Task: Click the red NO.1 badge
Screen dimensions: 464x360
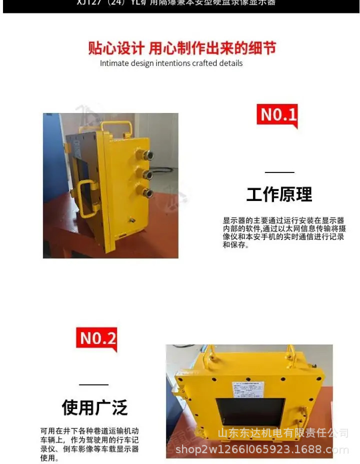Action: (x=278, y=115)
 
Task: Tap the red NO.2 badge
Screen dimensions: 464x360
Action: (x=97, y=338)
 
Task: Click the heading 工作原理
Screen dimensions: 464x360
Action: (x=279, y=194)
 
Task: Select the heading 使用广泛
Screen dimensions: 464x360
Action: (x=94, y=407)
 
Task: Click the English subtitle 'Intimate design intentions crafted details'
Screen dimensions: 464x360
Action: (x=171, y=63)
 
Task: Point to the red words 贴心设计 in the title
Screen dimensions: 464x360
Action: (x=116, y=48)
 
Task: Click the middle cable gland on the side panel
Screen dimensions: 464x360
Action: (x=147, y=174)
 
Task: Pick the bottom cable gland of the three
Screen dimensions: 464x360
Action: (x=147, y=192)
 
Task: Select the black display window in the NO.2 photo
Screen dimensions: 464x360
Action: (x=250, y=413)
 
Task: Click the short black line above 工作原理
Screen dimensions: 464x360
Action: (x=279, y=172)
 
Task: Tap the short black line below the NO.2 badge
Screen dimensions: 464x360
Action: (x=93, y=384)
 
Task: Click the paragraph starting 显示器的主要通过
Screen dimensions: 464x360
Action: (x=283, y=232)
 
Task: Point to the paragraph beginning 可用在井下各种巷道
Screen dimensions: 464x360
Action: (x=89, y=444)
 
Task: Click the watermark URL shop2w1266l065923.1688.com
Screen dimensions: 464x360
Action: (x=262, y=449)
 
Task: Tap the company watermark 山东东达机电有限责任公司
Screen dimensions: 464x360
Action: (x=283, y=433)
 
